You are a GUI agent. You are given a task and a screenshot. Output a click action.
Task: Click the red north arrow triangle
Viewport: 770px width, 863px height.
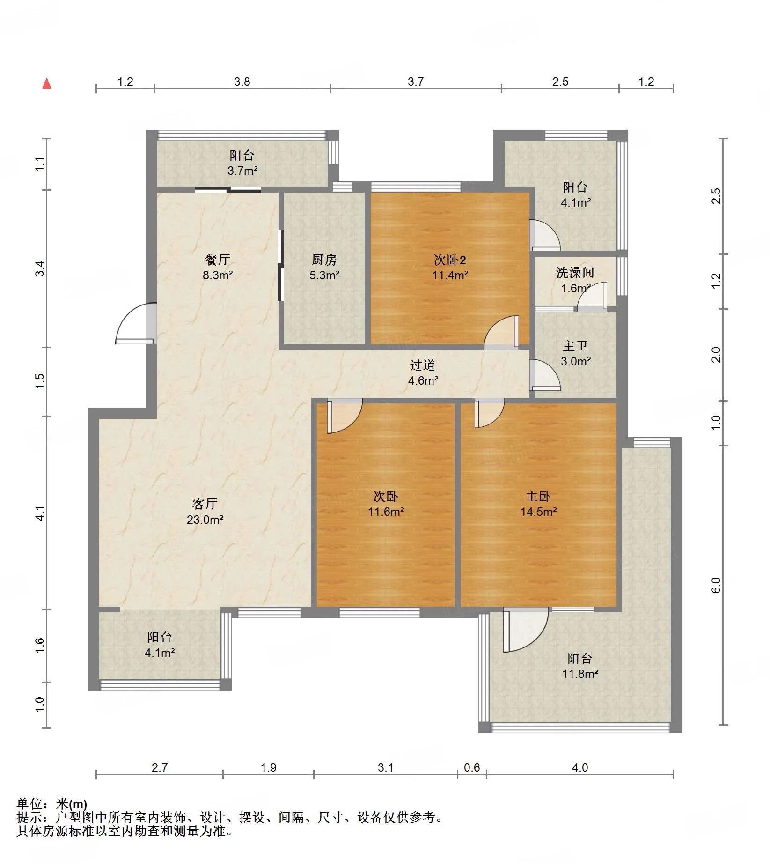pyautogui.click(x=47, y=83)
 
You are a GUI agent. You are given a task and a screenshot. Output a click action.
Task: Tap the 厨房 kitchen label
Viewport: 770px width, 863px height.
pyautogui.click(x=324, y=260)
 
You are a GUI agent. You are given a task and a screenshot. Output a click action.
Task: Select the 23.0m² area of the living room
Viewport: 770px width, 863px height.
pyautogui.click(x=205, y=520)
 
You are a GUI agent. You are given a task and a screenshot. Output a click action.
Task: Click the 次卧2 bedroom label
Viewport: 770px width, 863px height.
pyautogui.click(x=450, y=260)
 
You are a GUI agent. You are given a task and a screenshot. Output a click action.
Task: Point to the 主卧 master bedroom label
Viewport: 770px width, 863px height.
pyautogui.click(x=538, y=496)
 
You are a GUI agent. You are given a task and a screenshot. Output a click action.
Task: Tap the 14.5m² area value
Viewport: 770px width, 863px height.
pyautogui.click(x=539, y=512)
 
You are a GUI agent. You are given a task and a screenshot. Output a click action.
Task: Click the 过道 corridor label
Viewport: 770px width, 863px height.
pyautogui.click(x=423, y=365)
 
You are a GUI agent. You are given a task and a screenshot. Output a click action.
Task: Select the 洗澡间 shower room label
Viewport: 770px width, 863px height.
pyautogui.click(x=575, y=273)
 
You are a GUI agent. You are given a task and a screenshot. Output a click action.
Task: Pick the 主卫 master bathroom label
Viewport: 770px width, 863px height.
pyautogui.click(x=575, y=346)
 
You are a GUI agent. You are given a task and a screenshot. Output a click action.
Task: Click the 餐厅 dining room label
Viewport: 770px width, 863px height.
pyautogui.click(x=218, y=260)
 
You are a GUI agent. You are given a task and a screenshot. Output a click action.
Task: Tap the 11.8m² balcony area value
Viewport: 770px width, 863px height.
pyautogui.click(x=580, y=674)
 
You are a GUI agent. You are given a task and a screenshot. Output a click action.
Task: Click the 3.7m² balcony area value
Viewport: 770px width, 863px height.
pyautogui.click(x=242, y=171)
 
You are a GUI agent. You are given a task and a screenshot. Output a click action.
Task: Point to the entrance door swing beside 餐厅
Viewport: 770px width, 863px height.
pyautogui.click(x=136, y=324)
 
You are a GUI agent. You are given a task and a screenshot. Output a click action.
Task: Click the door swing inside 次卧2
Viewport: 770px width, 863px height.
pyautogui.click(x=501, y=333)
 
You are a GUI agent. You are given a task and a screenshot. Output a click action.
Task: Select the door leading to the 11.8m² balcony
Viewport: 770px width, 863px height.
pyautogui.click(x=526, y=630)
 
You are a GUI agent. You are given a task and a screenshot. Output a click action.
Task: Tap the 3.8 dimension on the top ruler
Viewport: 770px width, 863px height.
pyautogui.click(x=242, y=82)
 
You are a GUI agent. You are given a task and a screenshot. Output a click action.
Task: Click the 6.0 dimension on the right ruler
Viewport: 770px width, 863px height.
pyautogui.click(x=716, y=585)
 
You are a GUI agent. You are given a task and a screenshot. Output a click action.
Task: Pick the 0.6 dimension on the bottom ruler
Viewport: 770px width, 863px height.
pyautogui.click(x=472, y=767)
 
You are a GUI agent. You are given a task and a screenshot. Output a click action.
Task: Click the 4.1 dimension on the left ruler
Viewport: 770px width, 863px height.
pyautogui.click(x=40, y=513)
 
